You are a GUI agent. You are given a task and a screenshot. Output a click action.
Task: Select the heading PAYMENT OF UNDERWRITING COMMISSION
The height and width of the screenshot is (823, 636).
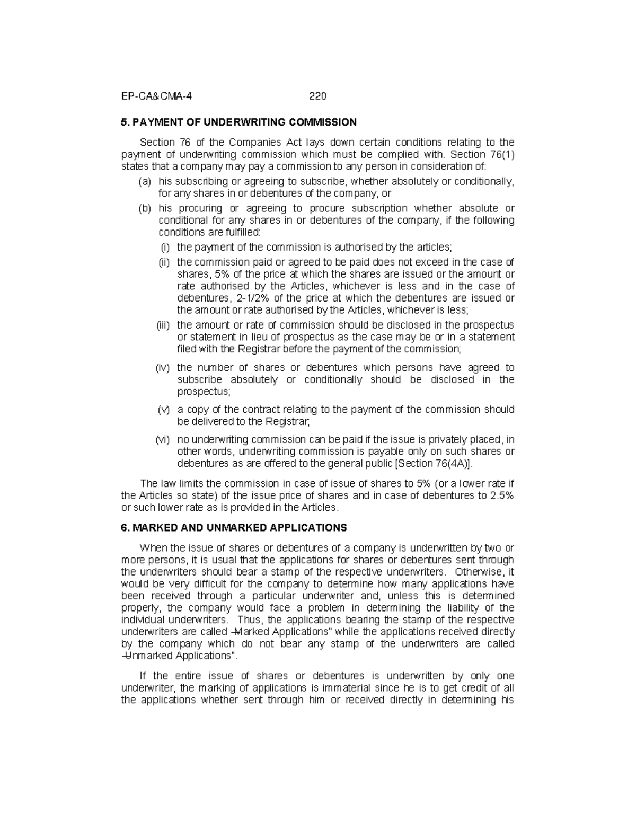pyautogui.click(x=244, y=122)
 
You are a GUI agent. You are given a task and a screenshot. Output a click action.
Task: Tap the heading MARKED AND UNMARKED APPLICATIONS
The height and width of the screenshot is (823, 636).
pyautogui.click(x=239, y=528)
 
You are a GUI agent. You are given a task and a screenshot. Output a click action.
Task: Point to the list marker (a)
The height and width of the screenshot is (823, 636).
pyautogui.click(x=145, y=182)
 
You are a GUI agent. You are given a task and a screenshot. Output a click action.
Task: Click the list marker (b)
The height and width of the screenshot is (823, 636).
pyautogui.click(x=145, y=208)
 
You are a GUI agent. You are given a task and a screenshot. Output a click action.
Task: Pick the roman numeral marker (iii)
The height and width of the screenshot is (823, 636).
pyautogui.click(x=164, y=325)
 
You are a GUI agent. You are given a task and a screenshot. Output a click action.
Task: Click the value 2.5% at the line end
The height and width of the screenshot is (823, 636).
pyautogui.click(x=501, y=495)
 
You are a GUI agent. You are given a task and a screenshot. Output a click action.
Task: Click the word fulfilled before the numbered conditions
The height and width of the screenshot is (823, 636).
pyautogui.click(x=239, y=233)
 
